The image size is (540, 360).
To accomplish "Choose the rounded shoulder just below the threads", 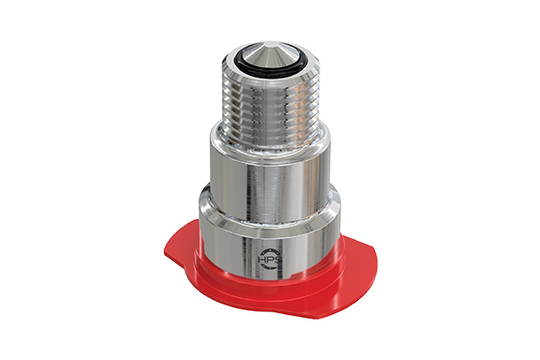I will pyautogui.click(x=266, y=137).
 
